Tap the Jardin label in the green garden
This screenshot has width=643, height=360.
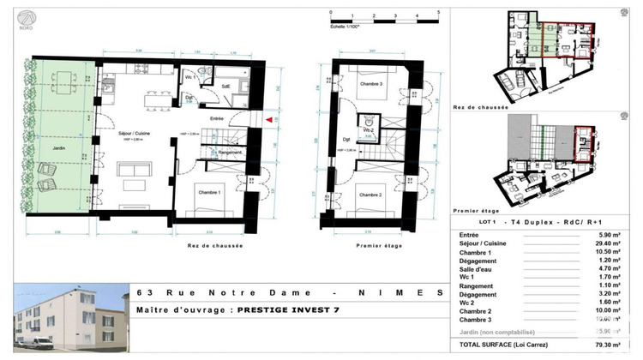coord(49,147)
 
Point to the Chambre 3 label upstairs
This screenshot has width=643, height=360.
coord(370,84)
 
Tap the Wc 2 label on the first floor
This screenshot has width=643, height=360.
coord(368,140)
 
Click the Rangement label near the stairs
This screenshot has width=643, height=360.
coord(233,153)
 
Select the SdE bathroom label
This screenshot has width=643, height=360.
coord(227,87)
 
